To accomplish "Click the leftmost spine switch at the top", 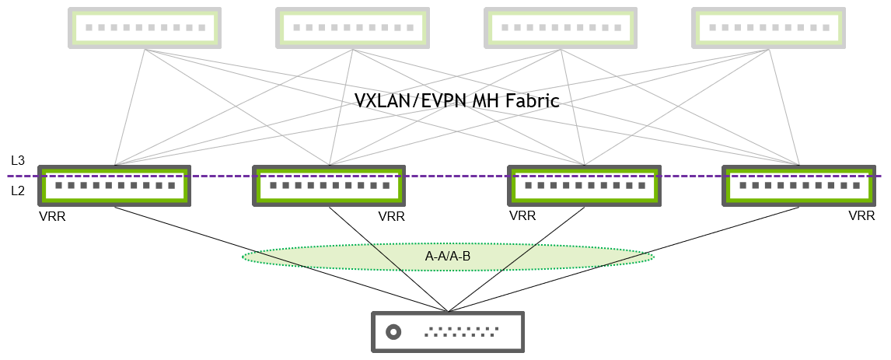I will [145, 28].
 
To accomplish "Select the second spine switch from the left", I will [352, 28].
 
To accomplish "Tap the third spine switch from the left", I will [560, 28].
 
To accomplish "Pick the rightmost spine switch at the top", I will [768, 28].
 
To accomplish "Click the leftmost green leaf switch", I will [114, 185].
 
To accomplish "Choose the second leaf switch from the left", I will [329, 185].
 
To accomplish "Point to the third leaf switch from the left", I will [583, 185].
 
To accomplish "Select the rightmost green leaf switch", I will [798, 185].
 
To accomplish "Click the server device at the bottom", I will [447, 332].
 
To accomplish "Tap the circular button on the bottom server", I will [393, 332].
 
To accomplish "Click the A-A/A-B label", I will [448, 257].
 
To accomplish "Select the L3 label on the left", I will [18, 161].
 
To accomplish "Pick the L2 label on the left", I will [18, 190].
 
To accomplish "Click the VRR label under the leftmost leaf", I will [52, 217].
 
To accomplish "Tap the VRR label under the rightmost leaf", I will [861, 217].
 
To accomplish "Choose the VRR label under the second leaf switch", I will [391, 217].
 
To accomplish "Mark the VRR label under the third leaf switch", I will [522, 217].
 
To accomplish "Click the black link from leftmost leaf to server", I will [280, 257].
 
